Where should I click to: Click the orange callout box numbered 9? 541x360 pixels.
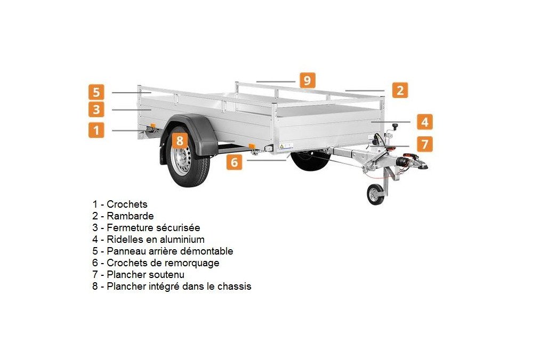(x=307, y=80)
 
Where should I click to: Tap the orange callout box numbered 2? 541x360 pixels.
(x=400, y=91)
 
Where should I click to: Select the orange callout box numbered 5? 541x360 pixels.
(x=96, y=92)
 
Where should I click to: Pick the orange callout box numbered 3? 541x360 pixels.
(x=96, y=109)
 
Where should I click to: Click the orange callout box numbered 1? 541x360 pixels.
(x=96, y=130)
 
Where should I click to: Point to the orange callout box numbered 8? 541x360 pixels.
(x=180, y=141)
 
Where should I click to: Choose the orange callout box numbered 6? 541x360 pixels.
(x=235, y=162)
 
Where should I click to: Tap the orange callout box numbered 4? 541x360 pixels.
(x=425, y=122)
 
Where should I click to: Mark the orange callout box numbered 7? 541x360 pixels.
(x=425, y=143)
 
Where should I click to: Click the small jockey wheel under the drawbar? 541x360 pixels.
(x=375, y=195)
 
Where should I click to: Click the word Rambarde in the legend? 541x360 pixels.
(x=130, y=216)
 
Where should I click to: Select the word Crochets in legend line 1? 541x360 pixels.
(x=127, y=204)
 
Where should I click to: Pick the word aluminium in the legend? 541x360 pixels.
(x=182, y=239)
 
